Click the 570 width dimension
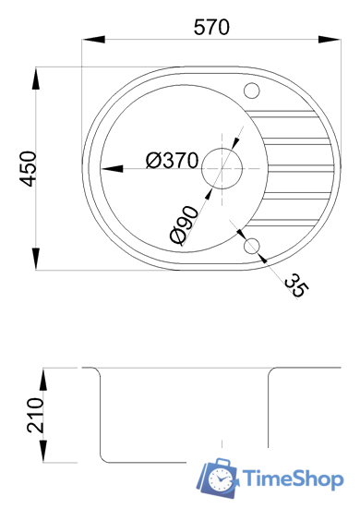coord(211,28)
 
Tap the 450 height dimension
coord(28,169)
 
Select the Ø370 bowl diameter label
coord(172,161)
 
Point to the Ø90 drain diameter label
coord(184,224)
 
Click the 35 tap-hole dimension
coord(296,285)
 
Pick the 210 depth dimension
coord(35,415)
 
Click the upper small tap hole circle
coord(251,91)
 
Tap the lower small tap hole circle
coord(251,246)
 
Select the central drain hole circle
coord(222,168)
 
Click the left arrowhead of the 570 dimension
coord(94,40)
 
